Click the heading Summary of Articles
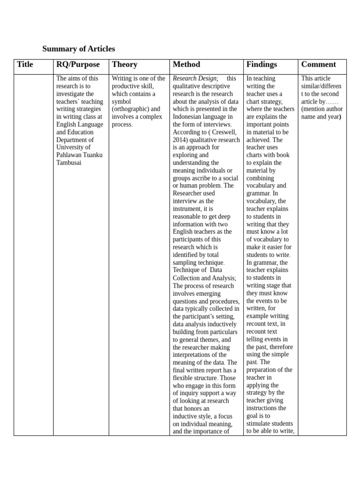[x=78, y=49]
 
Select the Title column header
[x=25, y=65]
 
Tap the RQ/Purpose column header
[x=78, y=65]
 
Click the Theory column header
[x=125, y=65]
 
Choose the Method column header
[x=186, y=65]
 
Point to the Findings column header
[x=261, y=65]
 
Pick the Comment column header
[x=318, y=65]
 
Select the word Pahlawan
[x=69, y=155]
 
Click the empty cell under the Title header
[x=33, y=253]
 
